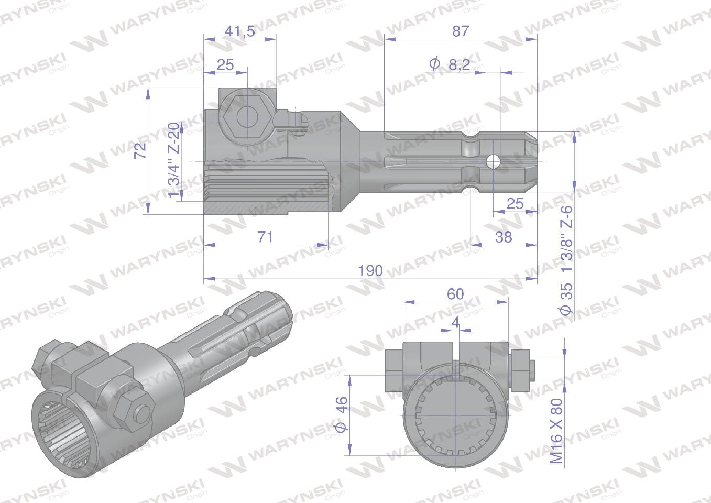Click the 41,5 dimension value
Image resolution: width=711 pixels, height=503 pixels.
click(239, 31)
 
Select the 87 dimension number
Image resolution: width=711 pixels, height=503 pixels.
click(460, 31)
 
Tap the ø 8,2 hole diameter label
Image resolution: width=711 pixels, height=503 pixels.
click(449, 64)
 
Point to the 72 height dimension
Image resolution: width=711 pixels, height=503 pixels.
click(140, 150)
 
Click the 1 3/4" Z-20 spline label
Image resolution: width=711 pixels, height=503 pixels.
click(174, 160)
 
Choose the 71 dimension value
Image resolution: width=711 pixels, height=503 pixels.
click(265, 237)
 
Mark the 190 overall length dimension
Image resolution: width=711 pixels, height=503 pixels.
click(370, 271)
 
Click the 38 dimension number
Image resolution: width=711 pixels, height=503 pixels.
click(504, 237)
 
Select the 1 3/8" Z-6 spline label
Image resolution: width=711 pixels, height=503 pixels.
click(566, 238)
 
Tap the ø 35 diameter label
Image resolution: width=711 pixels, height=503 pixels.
click(566, 299)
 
